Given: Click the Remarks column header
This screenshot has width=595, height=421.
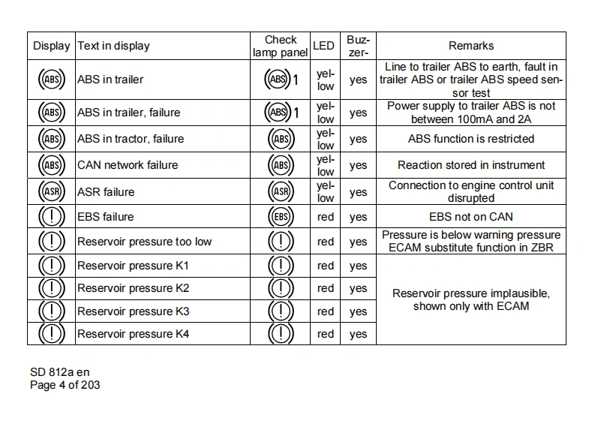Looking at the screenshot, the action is pos(470,46).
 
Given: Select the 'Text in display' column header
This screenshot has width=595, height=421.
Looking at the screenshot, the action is pos(113,46).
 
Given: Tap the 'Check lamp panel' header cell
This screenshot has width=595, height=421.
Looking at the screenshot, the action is pos(281,46).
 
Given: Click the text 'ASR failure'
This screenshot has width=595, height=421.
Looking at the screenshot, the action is pos(106,191).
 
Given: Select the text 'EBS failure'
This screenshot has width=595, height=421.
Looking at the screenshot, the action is pos(105,217).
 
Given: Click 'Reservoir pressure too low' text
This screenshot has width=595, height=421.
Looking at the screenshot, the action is pos(144,242).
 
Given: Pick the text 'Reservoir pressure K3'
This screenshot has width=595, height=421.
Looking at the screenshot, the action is pos(133,311).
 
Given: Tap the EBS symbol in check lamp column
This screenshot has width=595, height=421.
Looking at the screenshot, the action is pos(280,217).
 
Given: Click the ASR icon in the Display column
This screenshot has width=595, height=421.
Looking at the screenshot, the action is pos(52,191).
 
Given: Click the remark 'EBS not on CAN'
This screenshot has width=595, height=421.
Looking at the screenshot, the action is pos(470,217).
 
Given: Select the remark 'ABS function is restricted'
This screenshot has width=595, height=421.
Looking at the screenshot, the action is pos(470,139).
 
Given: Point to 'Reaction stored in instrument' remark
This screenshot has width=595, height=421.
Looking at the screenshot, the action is pos(470,165).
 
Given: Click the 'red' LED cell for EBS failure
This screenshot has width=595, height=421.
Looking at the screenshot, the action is pos(325,217).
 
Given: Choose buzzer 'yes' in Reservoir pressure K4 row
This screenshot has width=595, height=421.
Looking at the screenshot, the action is pos(358,334).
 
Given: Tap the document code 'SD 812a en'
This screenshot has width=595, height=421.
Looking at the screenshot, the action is pos(60,372).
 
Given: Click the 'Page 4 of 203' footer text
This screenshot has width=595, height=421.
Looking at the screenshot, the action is pos(65,385).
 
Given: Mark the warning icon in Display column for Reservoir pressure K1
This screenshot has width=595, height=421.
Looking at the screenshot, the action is pos(52,266).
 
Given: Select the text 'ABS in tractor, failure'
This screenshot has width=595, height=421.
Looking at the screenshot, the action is pos(130,139).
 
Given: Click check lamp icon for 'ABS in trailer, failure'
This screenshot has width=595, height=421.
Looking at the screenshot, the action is pos(278,113).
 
